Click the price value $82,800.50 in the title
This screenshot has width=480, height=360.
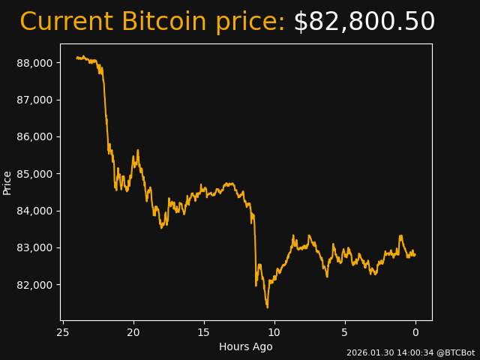pos(364,22)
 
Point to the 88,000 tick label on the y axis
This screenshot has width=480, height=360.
pos(34,63)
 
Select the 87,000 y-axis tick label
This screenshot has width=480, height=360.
pos(34,100)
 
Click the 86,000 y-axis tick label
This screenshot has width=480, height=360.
pos(34,136)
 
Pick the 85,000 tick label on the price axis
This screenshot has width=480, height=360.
pos(34,174)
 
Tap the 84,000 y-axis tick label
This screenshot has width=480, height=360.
pos(34,211)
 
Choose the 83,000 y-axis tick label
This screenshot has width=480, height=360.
pos(34,247)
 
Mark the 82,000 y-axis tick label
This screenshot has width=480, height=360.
pos(34,285)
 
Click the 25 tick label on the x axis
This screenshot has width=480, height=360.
pos(63,332)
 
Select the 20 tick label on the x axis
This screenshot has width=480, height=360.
pos(133,332)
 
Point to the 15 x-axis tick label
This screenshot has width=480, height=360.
pos(204,332)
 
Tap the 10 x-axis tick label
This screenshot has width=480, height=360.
pos(274,332)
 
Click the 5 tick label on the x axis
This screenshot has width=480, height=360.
pos(345,332)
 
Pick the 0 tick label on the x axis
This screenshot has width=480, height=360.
pos(415,332)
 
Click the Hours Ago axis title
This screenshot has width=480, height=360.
pos(245,346)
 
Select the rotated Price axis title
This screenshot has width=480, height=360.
pos(7,182)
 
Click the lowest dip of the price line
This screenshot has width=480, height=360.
pos(267,307)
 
